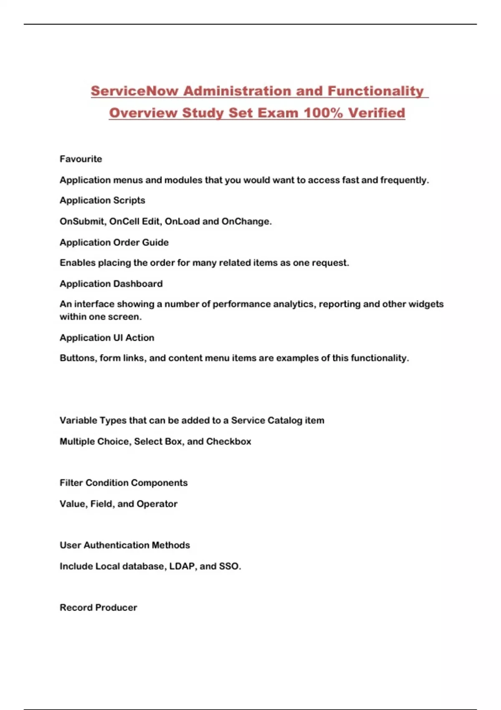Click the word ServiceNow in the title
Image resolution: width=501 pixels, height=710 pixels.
click(x=134, y=91)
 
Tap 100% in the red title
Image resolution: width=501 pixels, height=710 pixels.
click(x=323, y=113)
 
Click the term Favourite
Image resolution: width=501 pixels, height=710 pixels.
click(x=81, y=159)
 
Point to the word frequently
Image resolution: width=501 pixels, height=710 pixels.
click(x=404, y=180)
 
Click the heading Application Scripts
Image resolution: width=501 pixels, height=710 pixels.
click(x=102, y=200)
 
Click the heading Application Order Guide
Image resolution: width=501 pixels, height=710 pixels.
click(x=114, y=243)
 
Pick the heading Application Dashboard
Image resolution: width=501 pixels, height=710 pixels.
click(x=111, y=284)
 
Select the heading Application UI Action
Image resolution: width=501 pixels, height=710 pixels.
click(x=107, y=338)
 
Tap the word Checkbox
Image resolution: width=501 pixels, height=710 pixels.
click(x=229, y=441)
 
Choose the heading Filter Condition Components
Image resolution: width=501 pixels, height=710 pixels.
click(x=124, y=483)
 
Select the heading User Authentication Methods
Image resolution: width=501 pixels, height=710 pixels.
click(x=124, y=545)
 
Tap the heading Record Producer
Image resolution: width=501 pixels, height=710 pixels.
click(x=98, y=608)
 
